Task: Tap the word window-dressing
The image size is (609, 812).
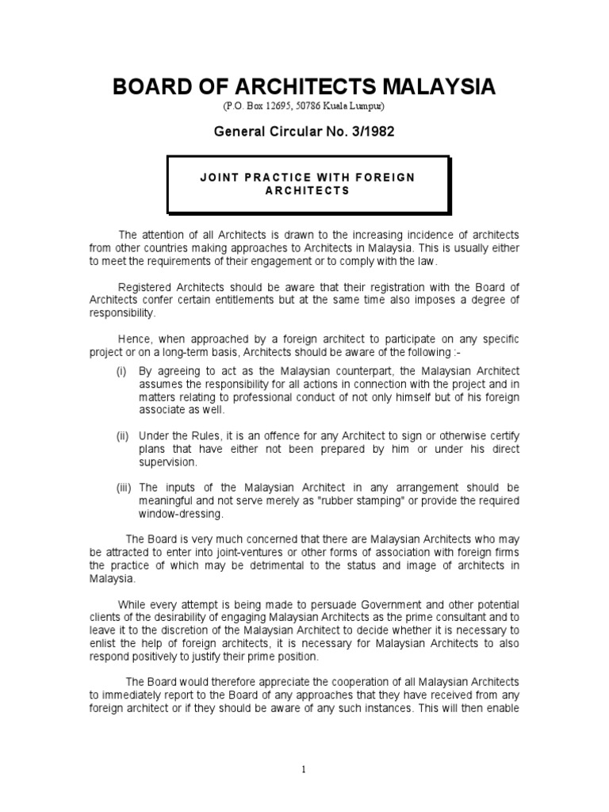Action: (175, 513)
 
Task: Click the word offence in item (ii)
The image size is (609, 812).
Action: (272, 435)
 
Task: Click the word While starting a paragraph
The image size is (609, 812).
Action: (132, 605)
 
